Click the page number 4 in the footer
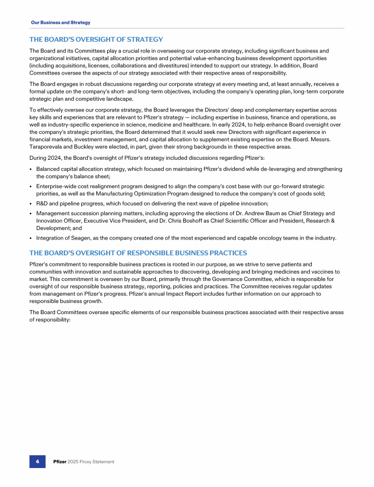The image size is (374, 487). (x=37, y=461)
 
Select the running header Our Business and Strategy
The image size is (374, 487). (x=60, y=22)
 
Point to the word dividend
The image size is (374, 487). (x=235, y=169)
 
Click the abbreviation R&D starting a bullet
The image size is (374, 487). (x=43, y=203)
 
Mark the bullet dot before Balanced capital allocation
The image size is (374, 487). (x=31, y=169)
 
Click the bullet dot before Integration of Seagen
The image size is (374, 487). (x=31, y=238)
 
